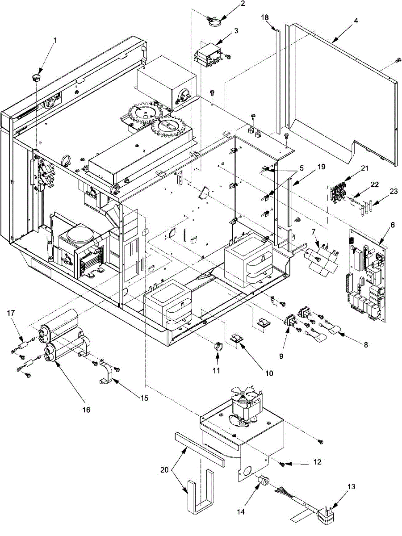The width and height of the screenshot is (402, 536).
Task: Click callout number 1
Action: pyautogui.click(x=55, y=40)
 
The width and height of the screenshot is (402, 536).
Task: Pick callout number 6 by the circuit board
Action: pyautogui.click(x=392, y=226)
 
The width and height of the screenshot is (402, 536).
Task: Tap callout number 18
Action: pyautogui.click(x=265, y=17)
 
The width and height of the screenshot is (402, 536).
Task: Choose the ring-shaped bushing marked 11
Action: pyautogui.click(x=218, y=345)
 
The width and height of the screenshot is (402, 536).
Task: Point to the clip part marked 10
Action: pyautogui.click(x=237, y=340)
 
